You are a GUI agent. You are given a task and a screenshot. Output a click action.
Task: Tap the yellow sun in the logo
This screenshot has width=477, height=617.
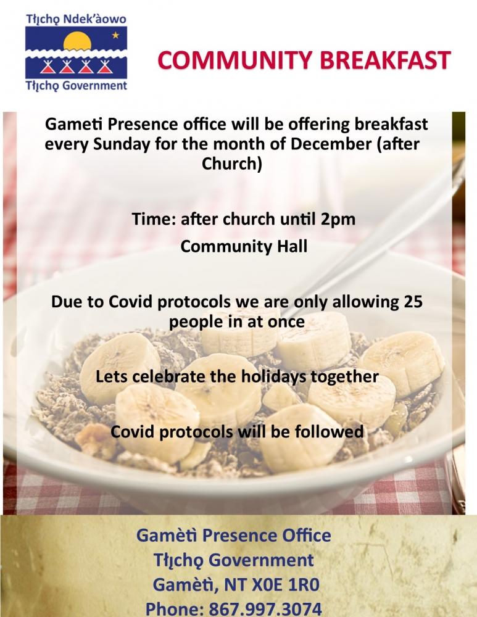coord(77,42)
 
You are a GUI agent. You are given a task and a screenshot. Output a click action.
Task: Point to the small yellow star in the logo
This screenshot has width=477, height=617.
coord(115,35)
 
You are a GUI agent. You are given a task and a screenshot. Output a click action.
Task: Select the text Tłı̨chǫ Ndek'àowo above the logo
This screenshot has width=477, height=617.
coord(76,19)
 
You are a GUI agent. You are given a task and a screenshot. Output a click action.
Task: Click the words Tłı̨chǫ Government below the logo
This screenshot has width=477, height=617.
coord(76,86)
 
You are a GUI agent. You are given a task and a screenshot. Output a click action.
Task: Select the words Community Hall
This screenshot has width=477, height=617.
coord(244,246)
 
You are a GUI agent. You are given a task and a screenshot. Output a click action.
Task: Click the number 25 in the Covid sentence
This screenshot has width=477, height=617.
coord(413,302)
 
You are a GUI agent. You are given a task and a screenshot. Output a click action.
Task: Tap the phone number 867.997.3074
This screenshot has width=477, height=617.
coord(265,608)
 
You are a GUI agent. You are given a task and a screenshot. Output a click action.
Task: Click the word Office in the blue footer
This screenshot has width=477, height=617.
coord(305,535)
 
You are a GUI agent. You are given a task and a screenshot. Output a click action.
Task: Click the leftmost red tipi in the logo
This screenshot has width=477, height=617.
coord(48,67)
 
